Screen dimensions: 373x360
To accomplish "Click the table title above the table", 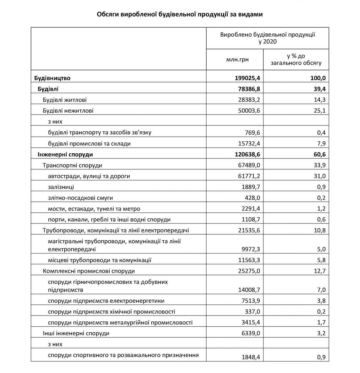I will point(180,14).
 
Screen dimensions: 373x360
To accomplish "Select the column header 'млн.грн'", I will point(237,60).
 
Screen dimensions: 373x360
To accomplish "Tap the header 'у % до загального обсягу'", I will point(296,60).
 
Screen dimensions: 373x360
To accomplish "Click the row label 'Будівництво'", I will point(52,78).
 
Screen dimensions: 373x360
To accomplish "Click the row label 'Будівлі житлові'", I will point(65,100).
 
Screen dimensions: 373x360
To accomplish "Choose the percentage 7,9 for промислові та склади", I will point(321,143).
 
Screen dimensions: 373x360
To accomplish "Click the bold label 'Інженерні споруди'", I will point(65,154).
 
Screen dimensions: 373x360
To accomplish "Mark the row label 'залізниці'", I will point(61,187).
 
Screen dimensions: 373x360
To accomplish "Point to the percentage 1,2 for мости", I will point(321,209).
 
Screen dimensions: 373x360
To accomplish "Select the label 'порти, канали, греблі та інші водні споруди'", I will point(109,220).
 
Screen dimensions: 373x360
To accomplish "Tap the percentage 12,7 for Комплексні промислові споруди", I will point(320,271).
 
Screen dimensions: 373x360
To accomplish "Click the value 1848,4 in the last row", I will point(251,357).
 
